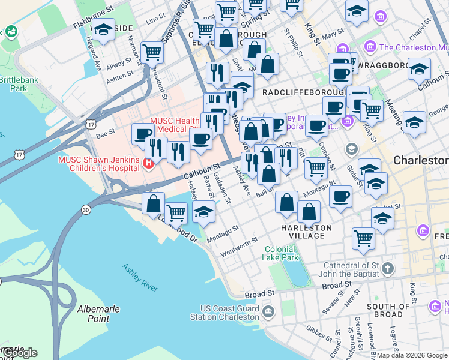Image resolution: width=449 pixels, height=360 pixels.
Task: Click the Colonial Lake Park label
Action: (x=280, y=253)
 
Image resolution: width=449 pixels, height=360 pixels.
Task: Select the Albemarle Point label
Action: (x=98, y=313)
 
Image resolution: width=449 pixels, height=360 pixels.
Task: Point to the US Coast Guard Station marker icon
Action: (x=268, y=311)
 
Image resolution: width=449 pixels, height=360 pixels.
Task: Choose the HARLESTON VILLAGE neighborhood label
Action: (x=306, y=232)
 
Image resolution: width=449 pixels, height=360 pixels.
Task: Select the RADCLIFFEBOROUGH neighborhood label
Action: (x=304, y=93)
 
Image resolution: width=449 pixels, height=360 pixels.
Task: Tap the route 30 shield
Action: (x=86, y=209)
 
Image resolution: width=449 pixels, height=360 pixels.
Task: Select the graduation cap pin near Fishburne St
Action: (x=104, y=29)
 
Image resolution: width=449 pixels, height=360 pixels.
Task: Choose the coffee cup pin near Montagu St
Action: (x=341, y=197)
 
